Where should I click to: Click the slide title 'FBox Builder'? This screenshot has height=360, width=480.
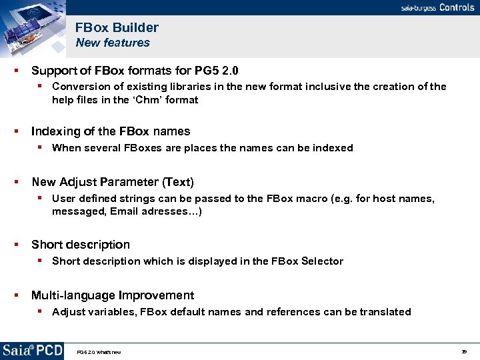pos(117,27)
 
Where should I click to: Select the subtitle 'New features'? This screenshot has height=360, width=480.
pos(113,43)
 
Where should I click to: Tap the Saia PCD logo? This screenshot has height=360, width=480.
pos(32,351)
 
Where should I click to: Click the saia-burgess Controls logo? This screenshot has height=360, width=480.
pos(437,7)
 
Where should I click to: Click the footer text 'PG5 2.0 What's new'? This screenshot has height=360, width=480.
pos(99,352)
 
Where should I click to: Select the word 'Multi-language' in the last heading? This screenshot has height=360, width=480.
pos(73,295)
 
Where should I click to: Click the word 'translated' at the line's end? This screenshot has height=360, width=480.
pos(385,312)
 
